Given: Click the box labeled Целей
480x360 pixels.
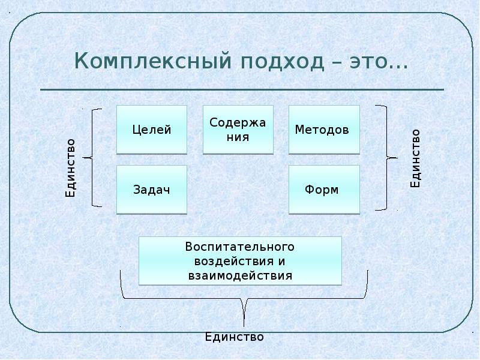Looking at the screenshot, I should point(152,130).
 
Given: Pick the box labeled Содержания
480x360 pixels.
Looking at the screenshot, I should point(238,130).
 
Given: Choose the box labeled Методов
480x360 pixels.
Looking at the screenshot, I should point(324,130).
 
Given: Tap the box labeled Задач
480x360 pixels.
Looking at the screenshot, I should point(152,190).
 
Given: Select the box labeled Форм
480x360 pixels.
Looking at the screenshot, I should point(324,190).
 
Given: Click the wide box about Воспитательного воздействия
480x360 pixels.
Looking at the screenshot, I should point(240,261).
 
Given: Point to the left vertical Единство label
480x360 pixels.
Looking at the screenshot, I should point(71,168).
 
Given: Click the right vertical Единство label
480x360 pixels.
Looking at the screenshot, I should point(415,158).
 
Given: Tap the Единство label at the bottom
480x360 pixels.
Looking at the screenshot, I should point(235,337).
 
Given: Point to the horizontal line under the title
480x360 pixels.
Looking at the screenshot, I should point(242,90).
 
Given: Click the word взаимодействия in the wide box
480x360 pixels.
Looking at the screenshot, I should point(240,276).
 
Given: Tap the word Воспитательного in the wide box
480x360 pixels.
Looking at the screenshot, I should point(240,247).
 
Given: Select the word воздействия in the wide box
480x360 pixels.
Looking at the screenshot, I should point(231,262).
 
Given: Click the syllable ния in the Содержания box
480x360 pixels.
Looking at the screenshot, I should point(238,136).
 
